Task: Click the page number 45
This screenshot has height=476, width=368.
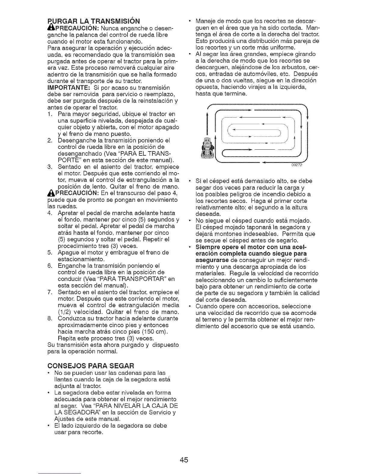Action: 184,460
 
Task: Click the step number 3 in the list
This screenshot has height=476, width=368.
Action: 50,167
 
